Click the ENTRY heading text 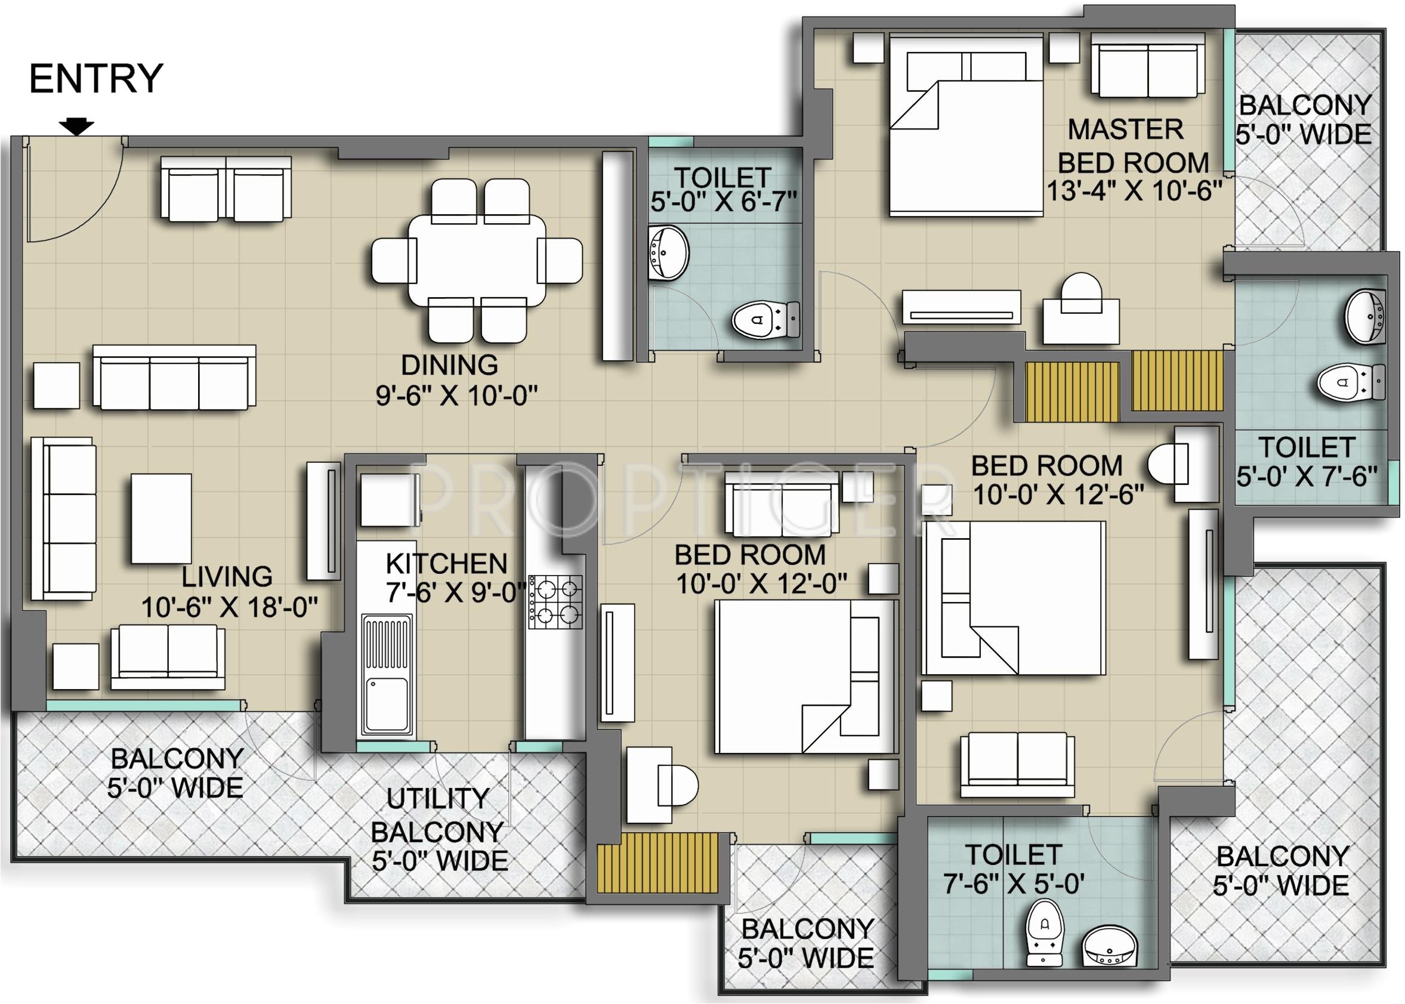(96, 79)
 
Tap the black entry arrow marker (76, 126)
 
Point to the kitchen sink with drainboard (388, 676)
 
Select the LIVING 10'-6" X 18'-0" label (228, 592)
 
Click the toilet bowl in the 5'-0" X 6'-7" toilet (765, 320)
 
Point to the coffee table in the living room (160, 518)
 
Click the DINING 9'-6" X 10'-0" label (457, 379)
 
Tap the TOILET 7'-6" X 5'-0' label (1013, 870)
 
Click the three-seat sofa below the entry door (174, 377)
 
